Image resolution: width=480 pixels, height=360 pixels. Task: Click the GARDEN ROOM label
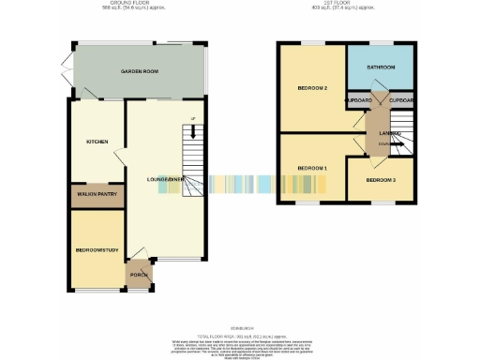tap(136, 72)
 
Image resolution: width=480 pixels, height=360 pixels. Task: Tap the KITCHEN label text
tap(97, 142)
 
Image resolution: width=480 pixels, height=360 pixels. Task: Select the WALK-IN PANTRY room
tap(97, 196)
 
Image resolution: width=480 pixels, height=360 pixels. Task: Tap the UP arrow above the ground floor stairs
tap(191, 118)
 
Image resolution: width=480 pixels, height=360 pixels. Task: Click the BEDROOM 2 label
tap(312, 88)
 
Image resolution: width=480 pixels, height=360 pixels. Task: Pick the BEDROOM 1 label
tap(312, 167)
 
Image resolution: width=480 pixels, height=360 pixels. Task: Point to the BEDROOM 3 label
tap(380, 179)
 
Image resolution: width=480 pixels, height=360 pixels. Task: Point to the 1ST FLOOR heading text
tap(344, 3)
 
